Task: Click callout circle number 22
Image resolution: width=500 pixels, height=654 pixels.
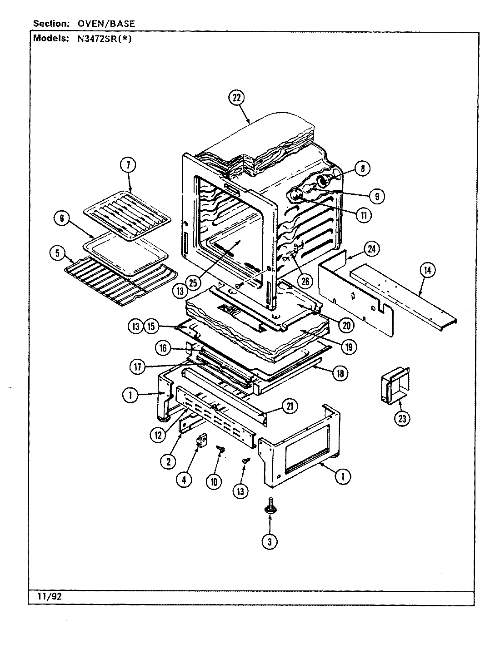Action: click(x=236, y=99)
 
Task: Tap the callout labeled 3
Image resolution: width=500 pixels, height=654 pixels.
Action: click(x=270, y=541)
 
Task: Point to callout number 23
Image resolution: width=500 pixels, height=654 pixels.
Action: click(x=402, y=418)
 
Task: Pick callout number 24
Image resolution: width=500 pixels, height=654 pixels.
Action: click(x=372, y=249)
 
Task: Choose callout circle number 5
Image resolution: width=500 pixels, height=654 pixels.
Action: click(x=58, y=254)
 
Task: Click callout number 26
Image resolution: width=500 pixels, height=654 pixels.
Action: click(x=305, y=281)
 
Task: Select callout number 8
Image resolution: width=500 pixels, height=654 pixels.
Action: click(x=362, y=168)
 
